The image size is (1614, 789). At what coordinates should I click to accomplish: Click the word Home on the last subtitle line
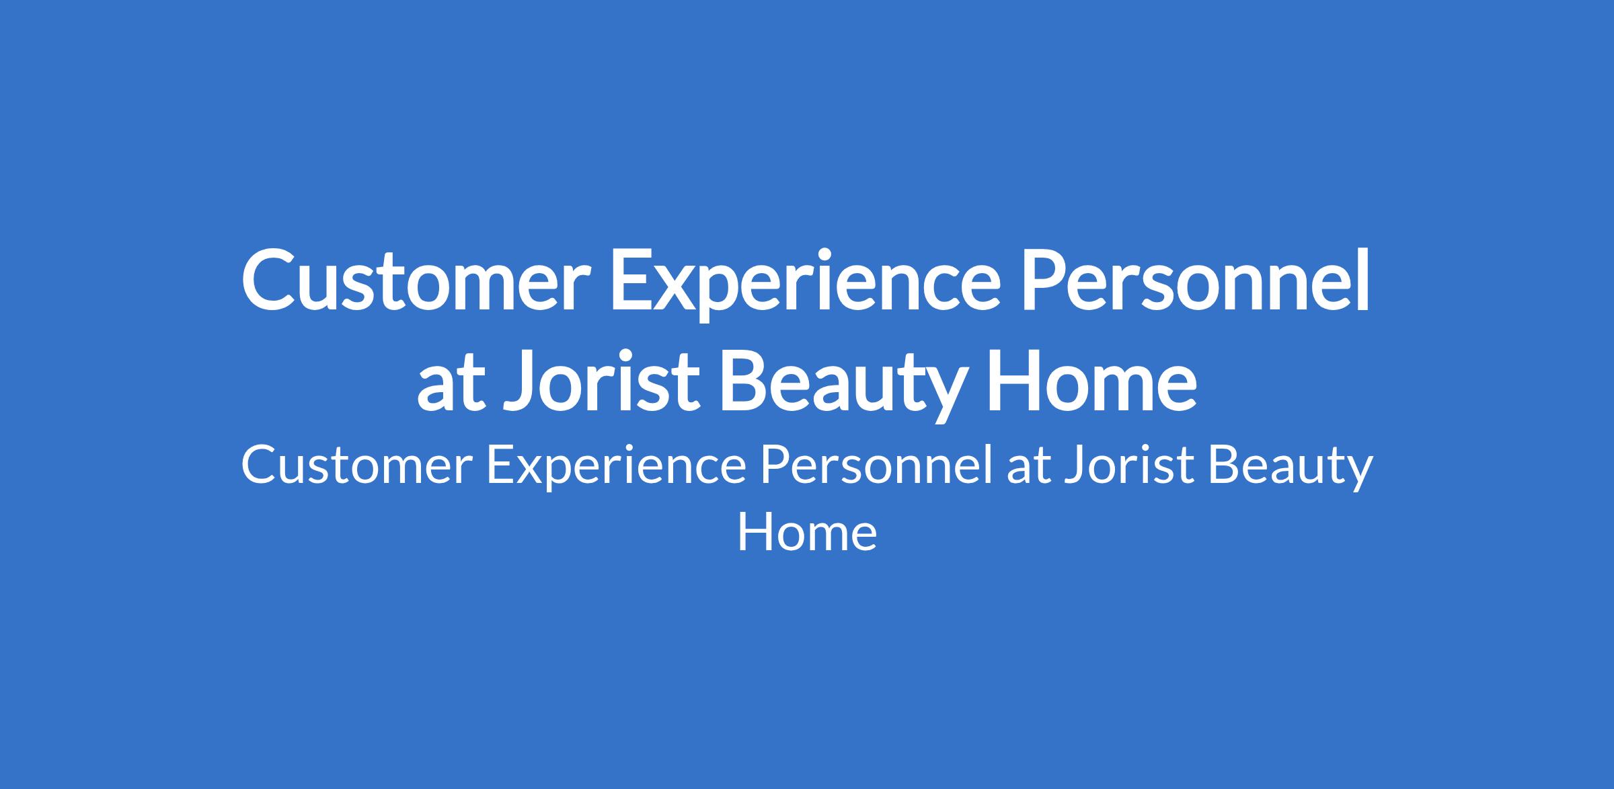point(807,533)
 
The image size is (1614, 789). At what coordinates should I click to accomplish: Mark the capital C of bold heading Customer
point(270,280)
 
